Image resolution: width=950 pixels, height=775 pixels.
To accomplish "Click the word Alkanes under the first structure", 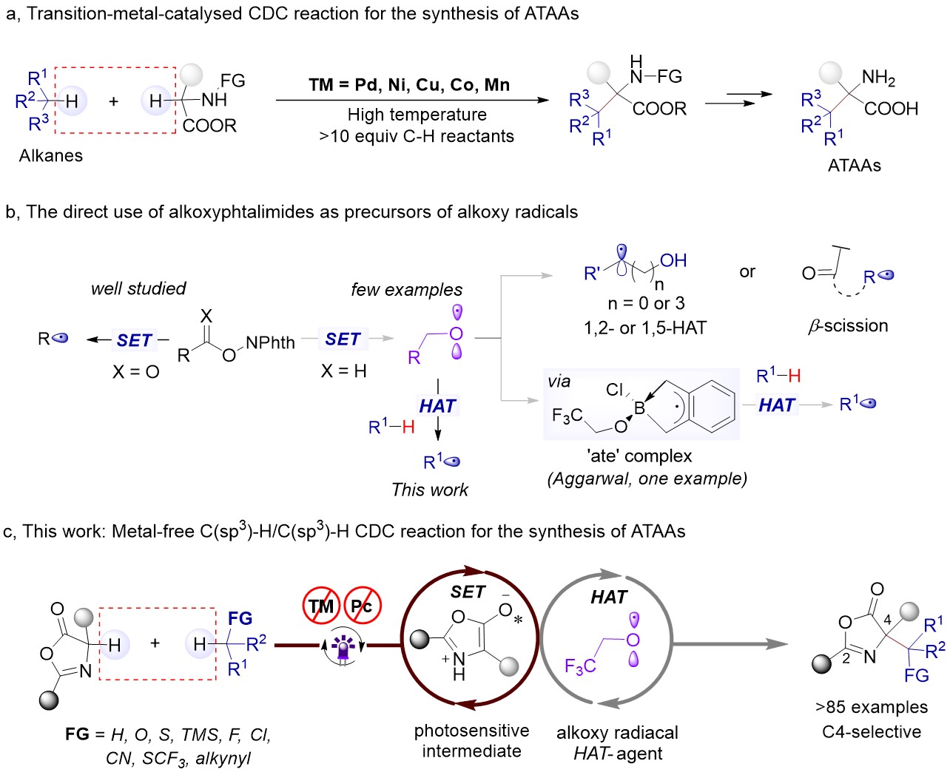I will point(51,155).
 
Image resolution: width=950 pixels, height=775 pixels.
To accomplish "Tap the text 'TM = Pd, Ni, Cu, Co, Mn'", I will point(409,85).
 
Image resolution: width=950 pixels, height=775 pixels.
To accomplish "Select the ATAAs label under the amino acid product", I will point(855,165).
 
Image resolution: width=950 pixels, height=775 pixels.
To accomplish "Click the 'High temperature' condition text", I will point(417,115).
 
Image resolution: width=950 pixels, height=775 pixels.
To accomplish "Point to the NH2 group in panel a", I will point(878,78).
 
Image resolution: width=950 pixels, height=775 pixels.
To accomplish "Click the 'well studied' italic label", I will point(138,288).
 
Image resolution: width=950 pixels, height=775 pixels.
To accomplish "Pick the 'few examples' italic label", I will point(407,290).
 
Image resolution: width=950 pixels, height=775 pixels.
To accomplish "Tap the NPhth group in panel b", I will point(270,343).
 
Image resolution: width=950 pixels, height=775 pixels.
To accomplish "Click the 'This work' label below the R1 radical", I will point(430,490).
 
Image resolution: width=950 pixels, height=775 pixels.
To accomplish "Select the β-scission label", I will point(848,325).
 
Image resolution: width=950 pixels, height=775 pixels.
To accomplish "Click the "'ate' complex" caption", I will point(641,456).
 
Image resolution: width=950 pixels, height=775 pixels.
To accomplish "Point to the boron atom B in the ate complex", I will point(639,408).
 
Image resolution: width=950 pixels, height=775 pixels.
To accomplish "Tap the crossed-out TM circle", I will point(321,606).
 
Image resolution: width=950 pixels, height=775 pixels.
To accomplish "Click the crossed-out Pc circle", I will point(362,606).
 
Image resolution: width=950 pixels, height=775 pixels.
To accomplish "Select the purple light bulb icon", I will point(342,648).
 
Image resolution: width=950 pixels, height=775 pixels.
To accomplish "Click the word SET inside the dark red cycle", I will point(468,592).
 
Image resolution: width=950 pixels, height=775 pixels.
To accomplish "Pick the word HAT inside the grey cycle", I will point(608,598).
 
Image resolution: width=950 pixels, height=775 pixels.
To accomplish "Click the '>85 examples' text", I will point(872,707).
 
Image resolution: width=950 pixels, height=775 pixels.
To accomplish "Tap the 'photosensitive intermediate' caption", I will point(471,741).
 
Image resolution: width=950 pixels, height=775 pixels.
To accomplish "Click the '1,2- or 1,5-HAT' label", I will point(645,327).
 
